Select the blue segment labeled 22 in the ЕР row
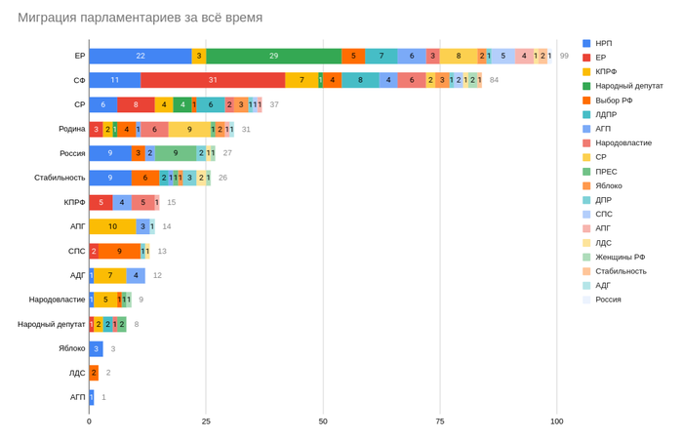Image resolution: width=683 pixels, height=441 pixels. click(141, 57)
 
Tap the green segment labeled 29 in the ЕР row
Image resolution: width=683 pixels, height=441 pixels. click(273, 57)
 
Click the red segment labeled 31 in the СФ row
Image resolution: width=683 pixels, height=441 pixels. click(213, 80)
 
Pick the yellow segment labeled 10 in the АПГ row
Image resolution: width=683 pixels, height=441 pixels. click(113, 226)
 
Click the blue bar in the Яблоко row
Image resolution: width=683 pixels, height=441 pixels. click(96, 348)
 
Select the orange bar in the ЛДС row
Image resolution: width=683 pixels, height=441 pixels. click(94, 373)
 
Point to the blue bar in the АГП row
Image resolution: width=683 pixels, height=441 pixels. click(91, 397)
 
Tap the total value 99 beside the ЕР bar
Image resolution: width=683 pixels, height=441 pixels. click(564, 57)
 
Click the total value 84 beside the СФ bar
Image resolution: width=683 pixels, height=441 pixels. click(494, 80)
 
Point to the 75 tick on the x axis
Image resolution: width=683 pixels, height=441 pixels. click(440, 421)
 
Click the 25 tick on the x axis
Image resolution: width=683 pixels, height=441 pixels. click(206, 421)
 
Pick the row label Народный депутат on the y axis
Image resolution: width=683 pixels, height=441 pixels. click(51, 324)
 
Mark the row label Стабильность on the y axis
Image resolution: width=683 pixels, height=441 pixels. click(59, 178)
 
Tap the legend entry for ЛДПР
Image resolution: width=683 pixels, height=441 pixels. click(608, 114)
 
